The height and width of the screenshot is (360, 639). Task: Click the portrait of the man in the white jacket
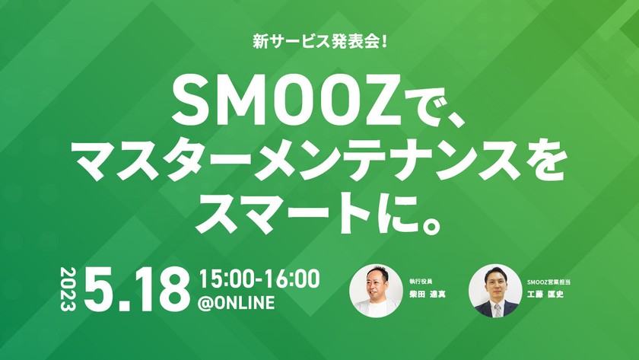tap(375, 290)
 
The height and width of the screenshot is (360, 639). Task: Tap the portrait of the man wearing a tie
tap(495, 290)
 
